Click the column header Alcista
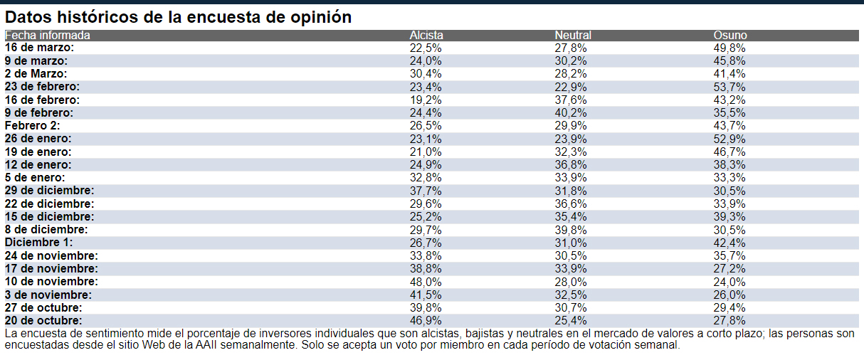pyautogui.click(x=426, y=36)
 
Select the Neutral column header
pyautogui.click(x=573, y=36)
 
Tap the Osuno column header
pyautogui.click(x=730, y=36)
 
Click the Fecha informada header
pyautogui.click(x=48, y=36)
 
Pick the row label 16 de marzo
pyautogui.click(x=40, y=48)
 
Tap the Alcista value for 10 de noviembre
pyautogui.click(x=426, y=282)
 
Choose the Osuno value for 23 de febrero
pyautogui.click(x=729, y=87)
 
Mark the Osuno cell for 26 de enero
pyautogui.click(x=729, y=139)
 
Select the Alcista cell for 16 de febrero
pyautogui.click(x=426, y=100)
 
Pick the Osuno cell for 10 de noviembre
pyautogui.click(x=729, y=282)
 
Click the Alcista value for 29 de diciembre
pyautogui.click(x=426, y=191)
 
